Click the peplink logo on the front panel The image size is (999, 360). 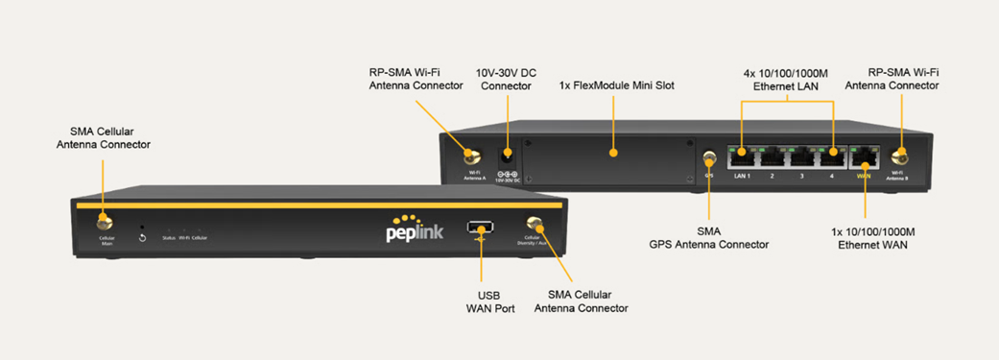[414, 230]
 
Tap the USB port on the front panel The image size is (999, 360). [480, 228]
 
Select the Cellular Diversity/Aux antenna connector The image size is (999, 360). [535, 226]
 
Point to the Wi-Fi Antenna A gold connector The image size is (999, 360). [473, 155]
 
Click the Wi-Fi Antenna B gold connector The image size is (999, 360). [899, 156]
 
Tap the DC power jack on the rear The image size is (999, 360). [507, 156]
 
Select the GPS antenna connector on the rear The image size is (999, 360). [709, 157]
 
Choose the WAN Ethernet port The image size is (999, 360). [866, 156]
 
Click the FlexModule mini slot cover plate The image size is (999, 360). [609, 157]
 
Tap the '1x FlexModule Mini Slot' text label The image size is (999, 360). [616, 85]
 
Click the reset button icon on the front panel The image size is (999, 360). [142, 236]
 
